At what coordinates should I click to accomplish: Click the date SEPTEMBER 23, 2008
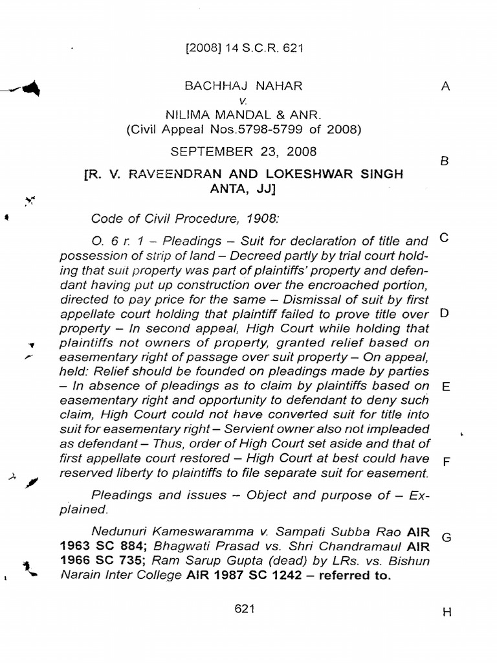(243, 152)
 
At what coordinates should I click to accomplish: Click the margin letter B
(445, 162)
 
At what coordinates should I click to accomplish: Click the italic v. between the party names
(243, 100)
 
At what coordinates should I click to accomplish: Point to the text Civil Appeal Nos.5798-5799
(214, 129)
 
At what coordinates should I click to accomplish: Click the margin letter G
(445, 537)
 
